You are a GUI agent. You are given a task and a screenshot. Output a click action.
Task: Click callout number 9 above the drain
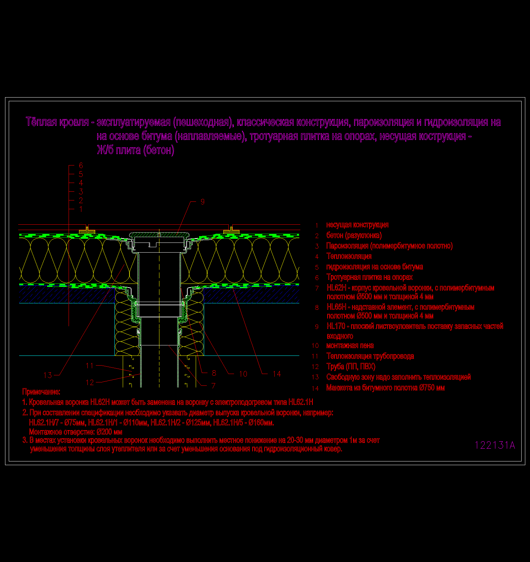(x=202, y=201)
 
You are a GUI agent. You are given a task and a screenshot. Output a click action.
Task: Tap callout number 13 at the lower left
(x=48, y=375)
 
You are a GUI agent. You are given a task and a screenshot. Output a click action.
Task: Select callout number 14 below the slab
(x=277, y=374)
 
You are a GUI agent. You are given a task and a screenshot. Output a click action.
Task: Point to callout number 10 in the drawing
(x=243, y=374)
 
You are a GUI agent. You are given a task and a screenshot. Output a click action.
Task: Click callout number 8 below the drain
(x=214, y=373)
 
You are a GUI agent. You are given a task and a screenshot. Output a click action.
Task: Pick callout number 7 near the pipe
(x=214, y=385)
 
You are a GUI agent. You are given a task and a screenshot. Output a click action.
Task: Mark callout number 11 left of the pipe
(x=89, y=366)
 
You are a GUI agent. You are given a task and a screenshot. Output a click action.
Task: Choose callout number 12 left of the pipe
(x=90, y=382)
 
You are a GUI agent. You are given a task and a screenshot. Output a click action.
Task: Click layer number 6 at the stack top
(x=81, y=165)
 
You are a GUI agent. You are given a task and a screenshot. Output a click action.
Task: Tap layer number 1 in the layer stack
(x=81, y=209)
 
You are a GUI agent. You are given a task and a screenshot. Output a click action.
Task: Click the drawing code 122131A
(x=495, y=445)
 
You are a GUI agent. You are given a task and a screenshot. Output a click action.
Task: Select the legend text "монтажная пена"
(x=350, y=346)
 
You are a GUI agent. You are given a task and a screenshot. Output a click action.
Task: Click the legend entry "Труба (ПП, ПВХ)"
(x=351, y=367)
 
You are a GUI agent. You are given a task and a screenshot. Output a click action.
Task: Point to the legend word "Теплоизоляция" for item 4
(x=349, y=256)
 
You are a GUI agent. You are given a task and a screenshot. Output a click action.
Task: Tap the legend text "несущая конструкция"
(x=357, y=225)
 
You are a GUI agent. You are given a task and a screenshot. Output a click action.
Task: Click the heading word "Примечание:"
(x=41, y=391)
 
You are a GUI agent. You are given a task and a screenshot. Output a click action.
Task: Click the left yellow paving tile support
(x=87, y=231)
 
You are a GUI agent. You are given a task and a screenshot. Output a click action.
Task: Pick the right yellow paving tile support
(x=231, y=231)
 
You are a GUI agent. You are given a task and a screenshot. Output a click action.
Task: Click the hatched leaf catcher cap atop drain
(x=159, y=234)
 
